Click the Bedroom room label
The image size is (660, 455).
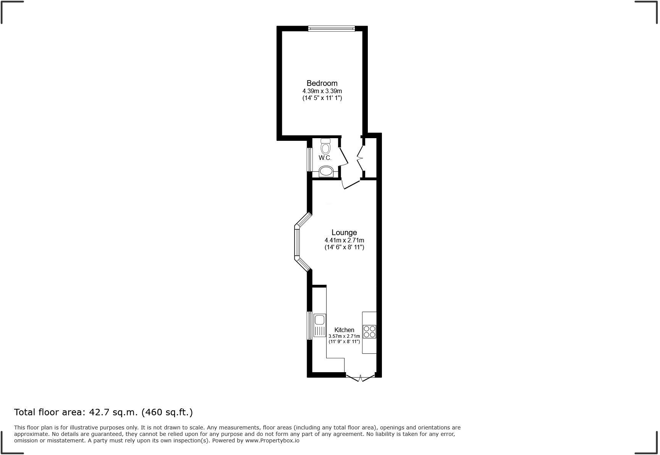point(322,83)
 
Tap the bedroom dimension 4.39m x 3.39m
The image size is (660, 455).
point(322,91)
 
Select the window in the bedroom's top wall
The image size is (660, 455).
point(332,28)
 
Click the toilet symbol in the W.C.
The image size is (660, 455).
point(325,147)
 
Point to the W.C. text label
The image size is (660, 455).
point(325,158)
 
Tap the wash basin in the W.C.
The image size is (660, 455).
point(326,171)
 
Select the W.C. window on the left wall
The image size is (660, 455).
point(310,159)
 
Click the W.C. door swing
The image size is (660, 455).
point(344,157)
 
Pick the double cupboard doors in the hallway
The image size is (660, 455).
point(360,157)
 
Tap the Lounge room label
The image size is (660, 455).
point(344,232)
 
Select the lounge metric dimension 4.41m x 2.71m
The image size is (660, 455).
point(344,240)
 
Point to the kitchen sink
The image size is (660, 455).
point(320,326)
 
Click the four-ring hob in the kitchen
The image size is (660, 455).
point(369,331)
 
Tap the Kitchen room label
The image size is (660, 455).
point(344,330)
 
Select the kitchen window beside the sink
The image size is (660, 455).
point(310,326)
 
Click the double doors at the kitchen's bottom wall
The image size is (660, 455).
point(360,378)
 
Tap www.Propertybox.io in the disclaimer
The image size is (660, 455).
point(272,440)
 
